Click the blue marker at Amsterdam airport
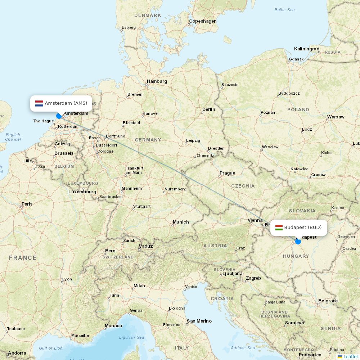coord(59,116)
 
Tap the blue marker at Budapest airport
coord(298,241)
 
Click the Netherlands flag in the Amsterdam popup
coord(39,103)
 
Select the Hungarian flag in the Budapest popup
coord(279,228)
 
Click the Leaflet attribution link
coord(350,356)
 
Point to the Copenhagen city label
coord(203,21)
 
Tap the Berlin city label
coord(208,109)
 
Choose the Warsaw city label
coord(336,117)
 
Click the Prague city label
coord(227,173)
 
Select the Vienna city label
coord(255,220)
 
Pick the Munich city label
coord(181,222)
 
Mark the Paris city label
coord(27,204)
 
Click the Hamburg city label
coord(157,81)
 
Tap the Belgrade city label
coord(328,301)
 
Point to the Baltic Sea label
coord(284,10)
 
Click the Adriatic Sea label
coord(243,348)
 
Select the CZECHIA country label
coord(243,186)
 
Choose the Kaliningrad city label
coord(306,49)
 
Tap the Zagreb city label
coord(253,278)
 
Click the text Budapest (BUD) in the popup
coord(303,228)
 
